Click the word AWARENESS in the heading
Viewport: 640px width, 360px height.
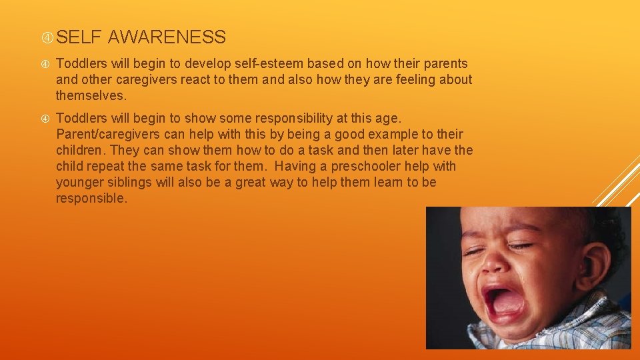coord(167,37)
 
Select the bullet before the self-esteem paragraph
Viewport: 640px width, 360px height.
coord(45,64)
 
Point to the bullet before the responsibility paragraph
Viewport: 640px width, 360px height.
coord(45,119)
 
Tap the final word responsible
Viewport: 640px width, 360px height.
coord(90,199)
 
